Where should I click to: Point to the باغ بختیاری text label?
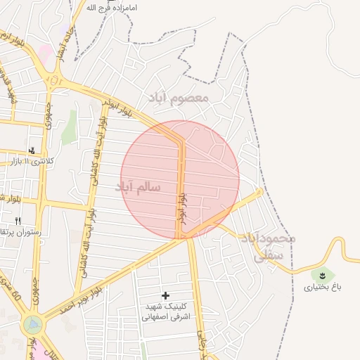[320, 287]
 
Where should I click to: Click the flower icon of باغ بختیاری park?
[322, 274]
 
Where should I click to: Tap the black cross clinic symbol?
[166, 296]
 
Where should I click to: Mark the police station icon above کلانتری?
[31, 150]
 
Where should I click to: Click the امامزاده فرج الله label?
[111, 8]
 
